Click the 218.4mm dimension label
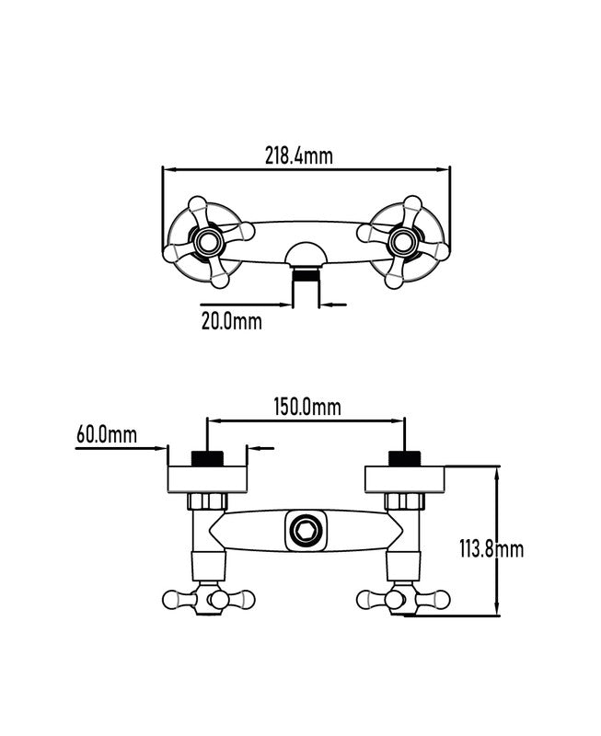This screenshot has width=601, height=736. coord(299,155)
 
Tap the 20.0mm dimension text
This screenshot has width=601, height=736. coord(232,321)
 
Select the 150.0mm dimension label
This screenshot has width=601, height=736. coord(307,407)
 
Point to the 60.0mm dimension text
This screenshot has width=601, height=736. coord(107,434)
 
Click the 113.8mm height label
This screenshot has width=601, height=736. coord(491,548)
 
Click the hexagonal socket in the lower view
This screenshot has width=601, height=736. coord(306,531)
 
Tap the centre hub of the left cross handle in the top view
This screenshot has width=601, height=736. coord(205,242)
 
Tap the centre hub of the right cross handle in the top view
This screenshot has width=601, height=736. coord(402,242)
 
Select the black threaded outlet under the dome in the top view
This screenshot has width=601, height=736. coord(306,274)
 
